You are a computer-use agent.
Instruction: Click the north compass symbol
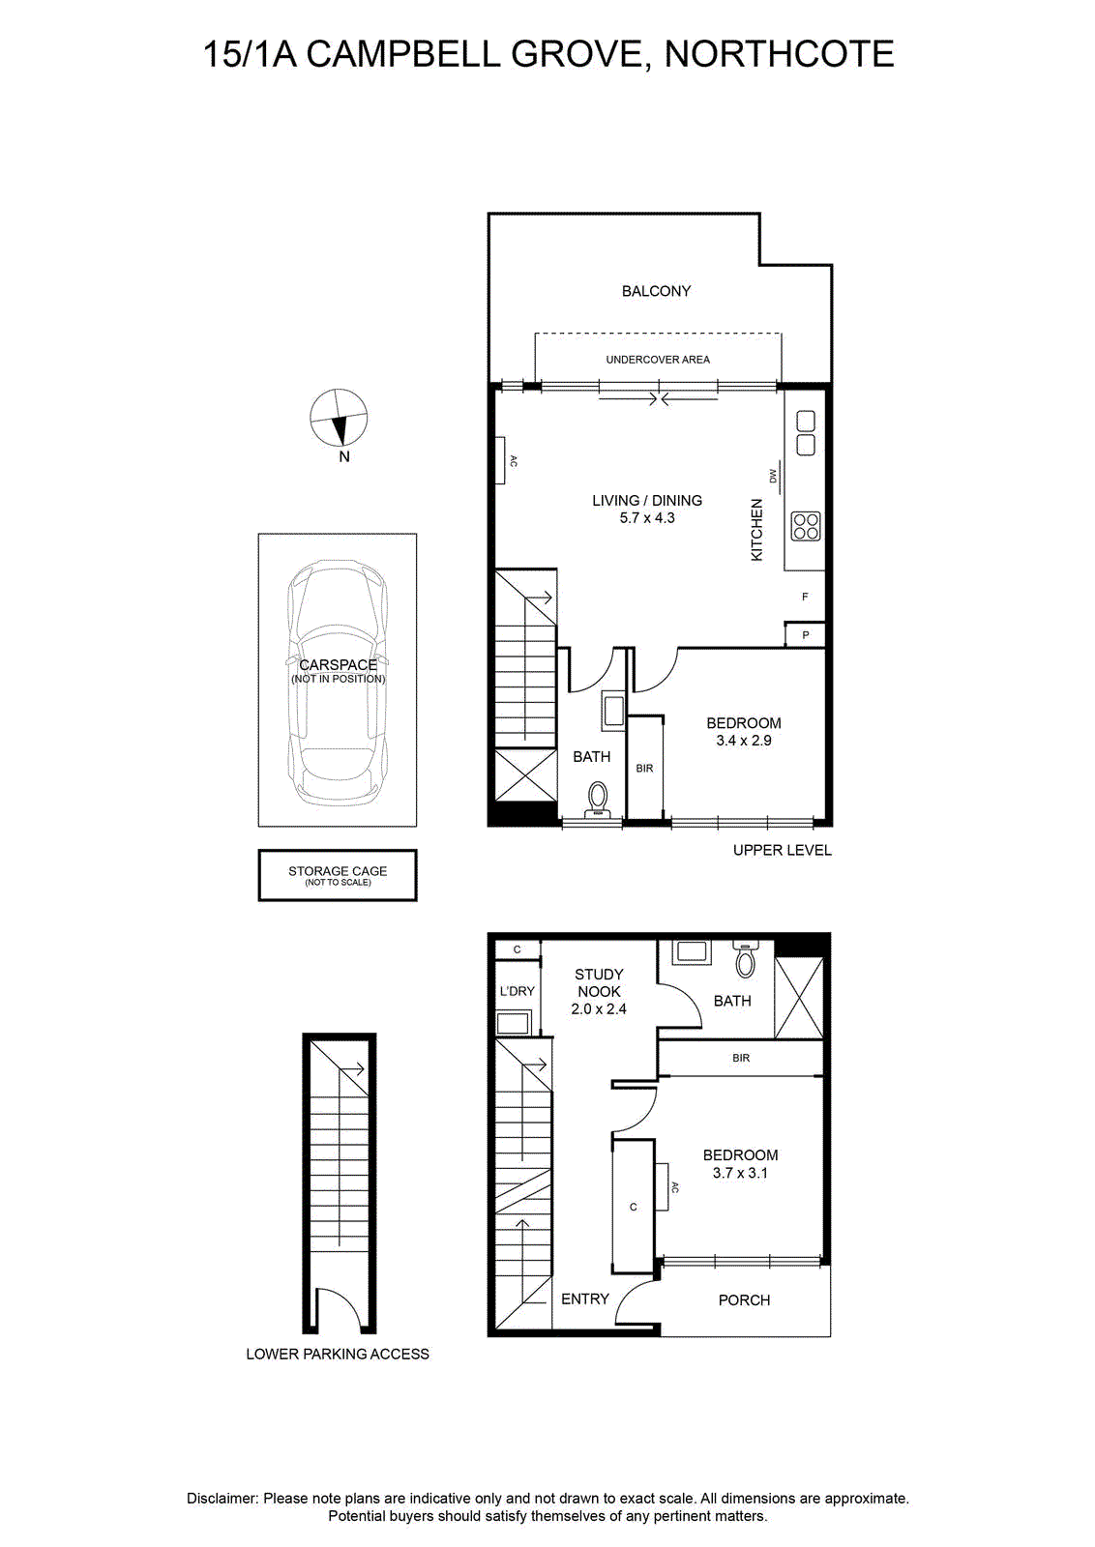click(339, 418)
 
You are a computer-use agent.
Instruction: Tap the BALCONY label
click(656, 291)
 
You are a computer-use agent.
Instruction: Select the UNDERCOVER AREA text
click(658, 359)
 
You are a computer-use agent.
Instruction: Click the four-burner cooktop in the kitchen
click(806, 526)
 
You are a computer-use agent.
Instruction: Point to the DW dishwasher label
click(773, 476)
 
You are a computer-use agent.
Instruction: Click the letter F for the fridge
click(805, 596)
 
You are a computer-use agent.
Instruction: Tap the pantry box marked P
click(805, 634)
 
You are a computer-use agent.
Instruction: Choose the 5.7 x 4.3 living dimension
click(646, 518)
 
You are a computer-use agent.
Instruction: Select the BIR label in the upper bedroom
click(644, 768)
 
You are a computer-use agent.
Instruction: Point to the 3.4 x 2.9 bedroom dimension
click(743, 741)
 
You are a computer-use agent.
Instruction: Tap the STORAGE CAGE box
click(338, 875)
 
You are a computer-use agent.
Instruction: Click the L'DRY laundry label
click(518, 991)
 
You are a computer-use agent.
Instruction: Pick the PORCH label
click(744, 1300)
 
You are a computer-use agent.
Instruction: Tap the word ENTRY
click(585, 1299)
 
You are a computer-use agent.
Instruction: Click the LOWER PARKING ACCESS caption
click(338, 1355)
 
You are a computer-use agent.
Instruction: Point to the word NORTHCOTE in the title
click(780, 54)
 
